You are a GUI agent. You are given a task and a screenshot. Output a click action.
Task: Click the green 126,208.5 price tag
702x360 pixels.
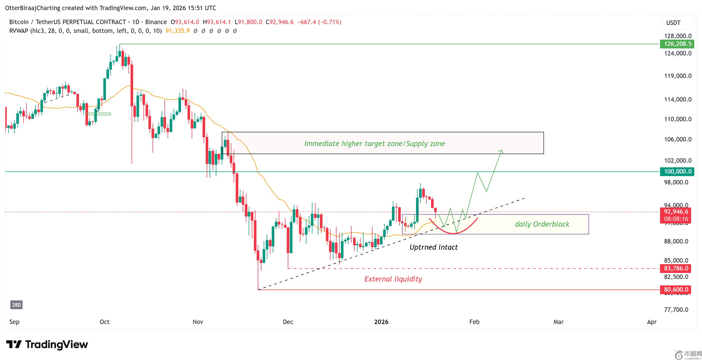(677, 44)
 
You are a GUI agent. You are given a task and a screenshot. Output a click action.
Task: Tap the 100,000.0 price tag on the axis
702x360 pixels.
(677, 171)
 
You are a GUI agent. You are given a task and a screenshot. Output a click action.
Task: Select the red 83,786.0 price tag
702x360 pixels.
(676, 268)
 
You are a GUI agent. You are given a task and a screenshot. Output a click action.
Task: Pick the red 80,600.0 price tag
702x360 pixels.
(676, 289)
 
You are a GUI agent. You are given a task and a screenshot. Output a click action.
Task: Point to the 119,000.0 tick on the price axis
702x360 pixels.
(677, 76)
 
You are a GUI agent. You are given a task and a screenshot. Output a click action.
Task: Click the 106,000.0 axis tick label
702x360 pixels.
(677, 139)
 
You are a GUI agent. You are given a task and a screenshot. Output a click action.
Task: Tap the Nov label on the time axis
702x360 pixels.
(198, 322)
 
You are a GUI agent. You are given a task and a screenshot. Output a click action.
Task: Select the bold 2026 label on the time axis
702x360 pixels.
(381, 322)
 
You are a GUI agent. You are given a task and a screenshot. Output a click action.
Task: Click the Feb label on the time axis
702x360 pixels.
(474, 322)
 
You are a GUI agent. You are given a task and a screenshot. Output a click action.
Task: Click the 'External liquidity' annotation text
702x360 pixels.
(393, 279)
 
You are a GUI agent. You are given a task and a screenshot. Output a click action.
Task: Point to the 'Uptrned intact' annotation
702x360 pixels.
(433, 247)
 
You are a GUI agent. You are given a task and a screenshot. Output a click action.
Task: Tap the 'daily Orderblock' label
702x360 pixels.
(542, 224)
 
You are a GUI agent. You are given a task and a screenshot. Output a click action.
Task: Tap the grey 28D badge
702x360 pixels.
(16, 305)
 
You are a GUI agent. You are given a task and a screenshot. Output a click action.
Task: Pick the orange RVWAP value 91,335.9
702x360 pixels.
(177, 31)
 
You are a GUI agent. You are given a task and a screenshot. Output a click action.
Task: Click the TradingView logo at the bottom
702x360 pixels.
(47, 344)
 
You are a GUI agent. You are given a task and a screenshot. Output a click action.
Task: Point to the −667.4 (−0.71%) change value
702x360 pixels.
(319, 22)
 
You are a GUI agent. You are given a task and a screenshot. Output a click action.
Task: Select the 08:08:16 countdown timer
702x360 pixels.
(676, 219)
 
